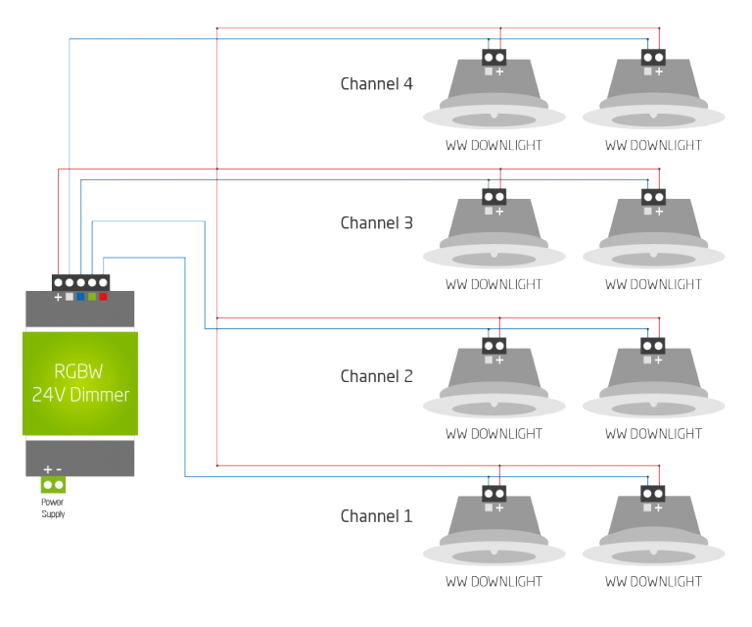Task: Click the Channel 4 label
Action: [x=376, y=83]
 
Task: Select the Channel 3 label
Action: [x=376, y=222]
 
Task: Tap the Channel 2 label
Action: [x=376, y=376]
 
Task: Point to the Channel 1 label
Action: [x=376, y=515]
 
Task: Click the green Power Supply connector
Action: [x=53, y=485]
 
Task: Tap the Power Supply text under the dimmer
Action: [x=53, y=509]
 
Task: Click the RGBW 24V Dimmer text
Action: [x=79, y=383]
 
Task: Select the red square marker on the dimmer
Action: [x=103, y=296]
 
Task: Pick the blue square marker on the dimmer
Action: [x=80, y=296]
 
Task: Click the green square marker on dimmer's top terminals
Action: [x=92, y=296]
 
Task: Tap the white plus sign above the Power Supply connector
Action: [x=47, y=469]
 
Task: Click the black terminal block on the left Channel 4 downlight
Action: [x=493, y=57]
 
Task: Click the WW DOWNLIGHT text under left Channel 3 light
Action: [x=493, y=284]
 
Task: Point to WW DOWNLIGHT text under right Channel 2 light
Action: [x=653, y=433]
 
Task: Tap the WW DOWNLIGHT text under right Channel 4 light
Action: [x=653, y=145]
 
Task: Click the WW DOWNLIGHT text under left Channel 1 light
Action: [x=493, y=581]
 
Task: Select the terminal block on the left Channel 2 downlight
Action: [x=493, y=345]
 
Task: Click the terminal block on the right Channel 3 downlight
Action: [x=652, y=197]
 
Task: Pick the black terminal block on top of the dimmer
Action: [x=80, y=282]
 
